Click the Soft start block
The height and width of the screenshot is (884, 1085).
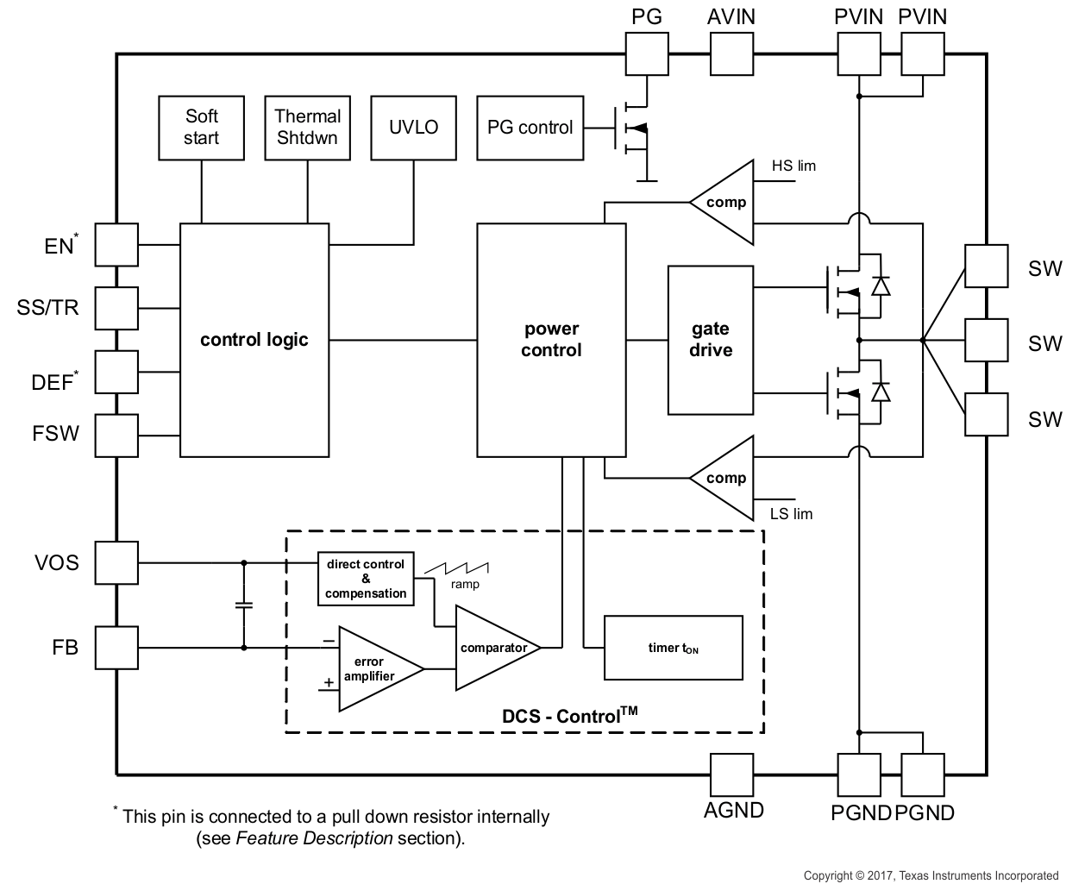[x=201, y=128]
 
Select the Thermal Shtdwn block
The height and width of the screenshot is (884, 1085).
[x=307, y=128]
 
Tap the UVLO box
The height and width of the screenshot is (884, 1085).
[x=413, y=128]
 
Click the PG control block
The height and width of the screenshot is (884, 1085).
[x=530, y=128]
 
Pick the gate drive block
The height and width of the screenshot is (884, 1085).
[x=711, y=340]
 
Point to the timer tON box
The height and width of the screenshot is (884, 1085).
[x=673, y=648]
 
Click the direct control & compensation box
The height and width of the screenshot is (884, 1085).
[x=366, y=579]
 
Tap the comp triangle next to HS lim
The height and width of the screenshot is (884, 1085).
[x=724, y=203]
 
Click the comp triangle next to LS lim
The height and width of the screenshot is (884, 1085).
[x=724, y=479]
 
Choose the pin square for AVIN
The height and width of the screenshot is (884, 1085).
[x=731, y=54]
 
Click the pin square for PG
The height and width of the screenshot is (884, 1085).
[x=646, y=54]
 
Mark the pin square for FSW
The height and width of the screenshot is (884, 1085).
[x=116, y=435]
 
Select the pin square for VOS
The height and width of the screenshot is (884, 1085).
[x=116, y=563]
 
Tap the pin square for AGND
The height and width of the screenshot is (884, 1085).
[x=731, y=774]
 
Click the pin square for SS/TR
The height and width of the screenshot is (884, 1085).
[x=116, y=308]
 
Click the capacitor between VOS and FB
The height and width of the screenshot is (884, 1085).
[x=244, y=605]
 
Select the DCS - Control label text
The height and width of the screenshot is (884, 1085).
[x=569, y=715]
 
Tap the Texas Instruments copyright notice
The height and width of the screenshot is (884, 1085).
[x=931, y=875]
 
